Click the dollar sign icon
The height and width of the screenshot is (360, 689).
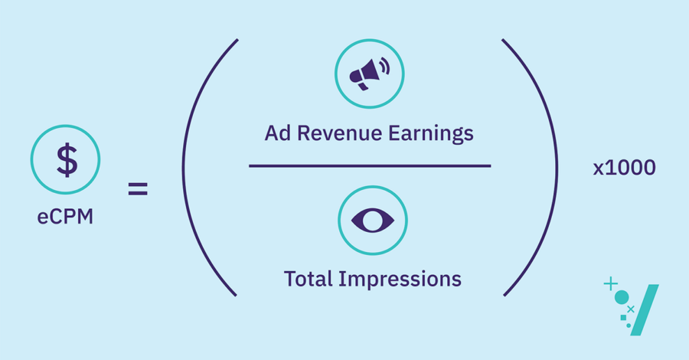(66, 162)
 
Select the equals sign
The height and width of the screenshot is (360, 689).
(138, 188)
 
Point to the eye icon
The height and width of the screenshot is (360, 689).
(372, 221)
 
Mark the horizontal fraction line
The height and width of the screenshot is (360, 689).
(370, 165)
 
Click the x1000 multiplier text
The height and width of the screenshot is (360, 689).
(624, 169)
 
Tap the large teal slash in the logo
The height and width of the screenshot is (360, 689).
(647, 309)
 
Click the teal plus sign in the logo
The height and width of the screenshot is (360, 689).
(610, 284)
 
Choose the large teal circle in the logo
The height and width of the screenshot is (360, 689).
(622, 297)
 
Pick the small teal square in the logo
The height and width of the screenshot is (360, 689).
(622, 316)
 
